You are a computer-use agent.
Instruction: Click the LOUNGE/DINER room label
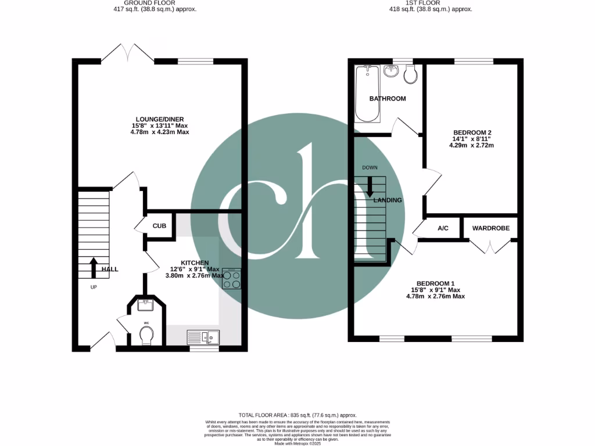click(x=160, y=119)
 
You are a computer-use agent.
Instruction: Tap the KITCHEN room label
click(x=194, y=263)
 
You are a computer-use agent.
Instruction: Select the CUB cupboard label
click(x=160, y=226)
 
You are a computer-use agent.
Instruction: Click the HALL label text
click(x=110, y=269)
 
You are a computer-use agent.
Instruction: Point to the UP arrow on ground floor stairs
click(x=93, y=268)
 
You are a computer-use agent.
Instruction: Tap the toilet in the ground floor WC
click(x=146, y=334)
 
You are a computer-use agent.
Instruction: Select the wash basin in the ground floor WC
click(x=146, y=303)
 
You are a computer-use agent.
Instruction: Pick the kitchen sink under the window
click(x=203, y=336)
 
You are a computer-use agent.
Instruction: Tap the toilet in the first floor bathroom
click(x=411, y=73)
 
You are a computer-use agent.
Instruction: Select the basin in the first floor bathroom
click(x=391, y=71)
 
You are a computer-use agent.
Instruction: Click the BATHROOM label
click(x=388, y=99)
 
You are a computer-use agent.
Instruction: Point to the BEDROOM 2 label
click(x=472, y=133)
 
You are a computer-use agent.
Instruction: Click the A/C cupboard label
click(x=443, y=228)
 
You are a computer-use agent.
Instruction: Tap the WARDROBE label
click(x=490, y=228)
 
